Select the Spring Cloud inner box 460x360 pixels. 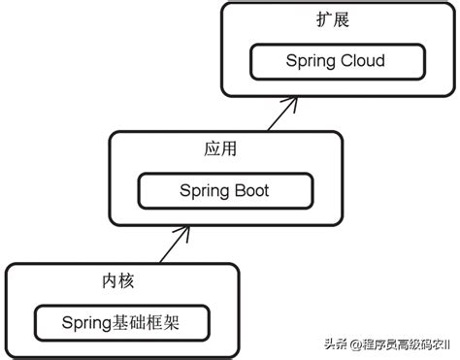coord(335,60)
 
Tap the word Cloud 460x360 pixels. coord(362,60)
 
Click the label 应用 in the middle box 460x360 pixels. coord(222,150)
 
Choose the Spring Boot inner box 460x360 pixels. coord(224,190)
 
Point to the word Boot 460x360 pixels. coord(250,190)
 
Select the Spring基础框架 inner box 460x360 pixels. coord(121,321)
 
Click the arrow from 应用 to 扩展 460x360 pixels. coord(281,115)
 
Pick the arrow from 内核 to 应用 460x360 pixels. coord(171,245)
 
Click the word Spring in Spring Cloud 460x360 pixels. coord(310,61)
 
